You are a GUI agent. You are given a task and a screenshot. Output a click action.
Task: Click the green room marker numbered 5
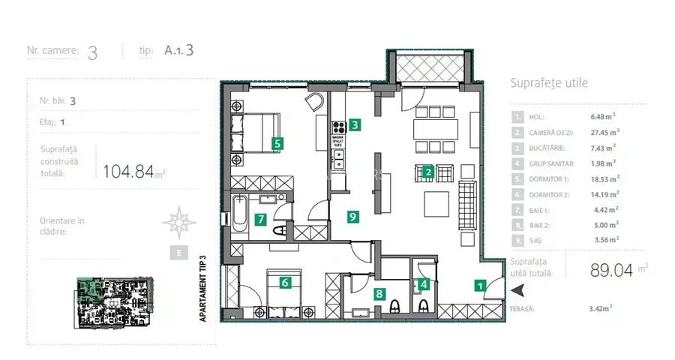277,142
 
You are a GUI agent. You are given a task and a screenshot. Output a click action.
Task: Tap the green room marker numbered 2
427,172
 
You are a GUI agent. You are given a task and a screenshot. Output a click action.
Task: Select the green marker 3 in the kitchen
354,126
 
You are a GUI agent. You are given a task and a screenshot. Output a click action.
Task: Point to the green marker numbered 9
352,217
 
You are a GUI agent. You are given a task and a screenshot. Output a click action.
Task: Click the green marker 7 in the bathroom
260,220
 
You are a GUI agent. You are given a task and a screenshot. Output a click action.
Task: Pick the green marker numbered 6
285,283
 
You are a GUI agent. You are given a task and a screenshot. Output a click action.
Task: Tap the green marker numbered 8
379,294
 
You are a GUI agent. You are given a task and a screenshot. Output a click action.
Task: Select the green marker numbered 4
424,284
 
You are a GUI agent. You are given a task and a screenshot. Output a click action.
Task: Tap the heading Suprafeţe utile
548,83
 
